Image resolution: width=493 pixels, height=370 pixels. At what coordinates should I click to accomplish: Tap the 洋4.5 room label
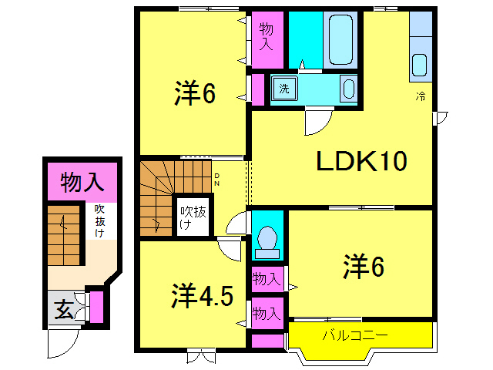(202, 296)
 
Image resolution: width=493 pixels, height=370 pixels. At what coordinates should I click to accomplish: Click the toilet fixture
(267, 240)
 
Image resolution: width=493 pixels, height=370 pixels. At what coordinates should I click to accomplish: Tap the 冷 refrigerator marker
(421, 97)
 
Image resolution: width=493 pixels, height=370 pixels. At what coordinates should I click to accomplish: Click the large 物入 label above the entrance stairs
(82, 183)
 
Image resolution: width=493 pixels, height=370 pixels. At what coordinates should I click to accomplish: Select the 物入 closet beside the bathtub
(267, 35)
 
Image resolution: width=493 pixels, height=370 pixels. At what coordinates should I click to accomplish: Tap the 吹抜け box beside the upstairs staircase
(192, 217)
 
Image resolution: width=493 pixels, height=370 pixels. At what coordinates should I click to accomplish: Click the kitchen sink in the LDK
(420, 65)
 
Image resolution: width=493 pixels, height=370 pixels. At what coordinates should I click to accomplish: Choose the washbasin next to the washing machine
(349, 87)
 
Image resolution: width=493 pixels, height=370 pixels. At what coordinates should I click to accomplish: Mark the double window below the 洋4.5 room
(198, 356)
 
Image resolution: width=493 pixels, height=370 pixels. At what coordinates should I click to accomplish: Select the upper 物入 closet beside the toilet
(267, 278)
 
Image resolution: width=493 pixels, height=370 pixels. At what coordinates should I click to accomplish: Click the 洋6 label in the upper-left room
(194, 95)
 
